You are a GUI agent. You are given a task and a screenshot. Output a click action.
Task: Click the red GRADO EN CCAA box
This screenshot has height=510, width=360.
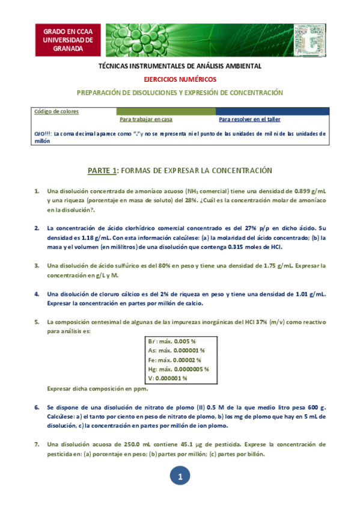pyautogui.click(x=68, y=40)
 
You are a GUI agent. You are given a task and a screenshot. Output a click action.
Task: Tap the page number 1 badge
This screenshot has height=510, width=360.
pyautogui.click(x=180, y=477)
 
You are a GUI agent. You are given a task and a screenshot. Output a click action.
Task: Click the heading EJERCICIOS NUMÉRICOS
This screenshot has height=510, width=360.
pyautogui.click(x=180, y=79)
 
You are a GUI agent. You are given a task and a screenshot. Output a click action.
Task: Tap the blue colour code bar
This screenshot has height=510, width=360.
pyautogui.click(x=272, y=111)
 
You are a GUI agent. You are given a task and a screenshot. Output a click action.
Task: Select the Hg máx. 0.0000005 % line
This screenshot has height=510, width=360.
pyautogui.click(x=178, y=369)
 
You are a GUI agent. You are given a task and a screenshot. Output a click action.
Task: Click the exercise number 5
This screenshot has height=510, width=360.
pyautogui.click(x=37, y=322)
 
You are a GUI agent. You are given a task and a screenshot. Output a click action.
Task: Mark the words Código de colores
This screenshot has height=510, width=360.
pyautogui.click(x=56, y=111)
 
